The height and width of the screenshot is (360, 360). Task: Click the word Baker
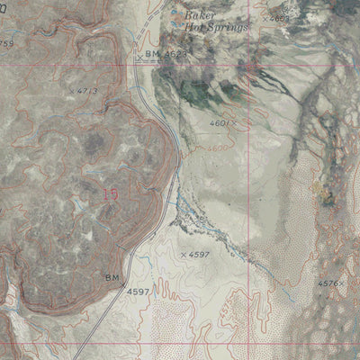(197, 15)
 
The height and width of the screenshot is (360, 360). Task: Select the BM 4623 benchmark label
(163, 55)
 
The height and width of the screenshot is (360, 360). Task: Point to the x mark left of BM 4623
(138, 57)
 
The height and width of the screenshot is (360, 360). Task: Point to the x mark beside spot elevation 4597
(183, 255)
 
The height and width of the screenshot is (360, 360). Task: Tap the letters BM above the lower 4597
(112, 279)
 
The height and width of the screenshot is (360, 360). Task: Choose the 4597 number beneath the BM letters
(138, 292)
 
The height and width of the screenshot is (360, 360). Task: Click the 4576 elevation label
(328, 283)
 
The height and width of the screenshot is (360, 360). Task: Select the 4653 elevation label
(280, 17)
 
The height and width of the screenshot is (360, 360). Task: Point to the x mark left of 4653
(265, 17)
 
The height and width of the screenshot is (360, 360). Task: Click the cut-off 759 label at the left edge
(7, 43)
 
